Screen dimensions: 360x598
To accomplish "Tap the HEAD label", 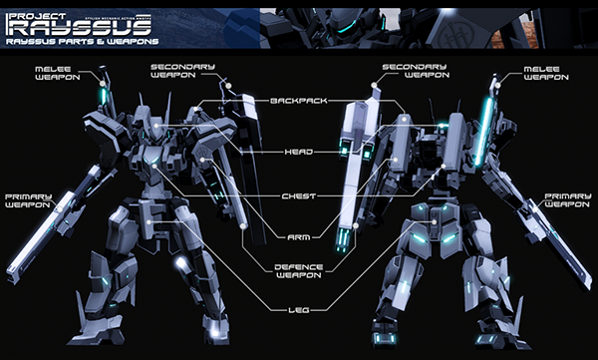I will pos(297,152).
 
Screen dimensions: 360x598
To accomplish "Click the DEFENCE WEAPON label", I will pos(297,272).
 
